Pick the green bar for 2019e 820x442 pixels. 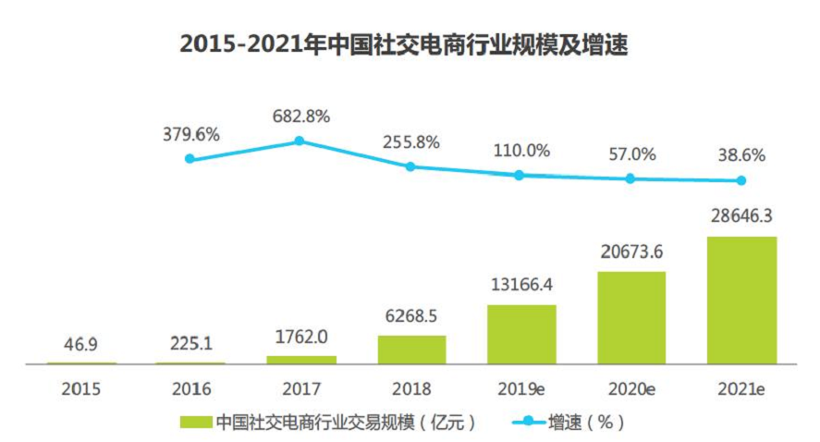tap(521, 334)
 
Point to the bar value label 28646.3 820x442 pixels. tap(741, 216)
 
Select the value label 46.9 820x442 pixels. tap(81, 343)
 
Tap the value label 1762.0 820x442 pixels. tap(300, 337)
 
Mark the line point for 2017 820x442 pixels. tap(300, 141)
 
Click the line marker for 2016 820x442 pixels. tap(190, 158)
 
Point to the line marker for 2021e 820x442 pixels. tap(741, 180)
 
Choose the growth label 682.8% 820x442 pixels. tap(300, 117)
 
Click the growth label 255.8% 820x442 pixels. tap(411, 143)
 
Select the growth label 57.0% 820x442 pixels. tap(631, 153)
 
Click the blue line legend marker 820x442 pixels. tap(528, 423)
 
